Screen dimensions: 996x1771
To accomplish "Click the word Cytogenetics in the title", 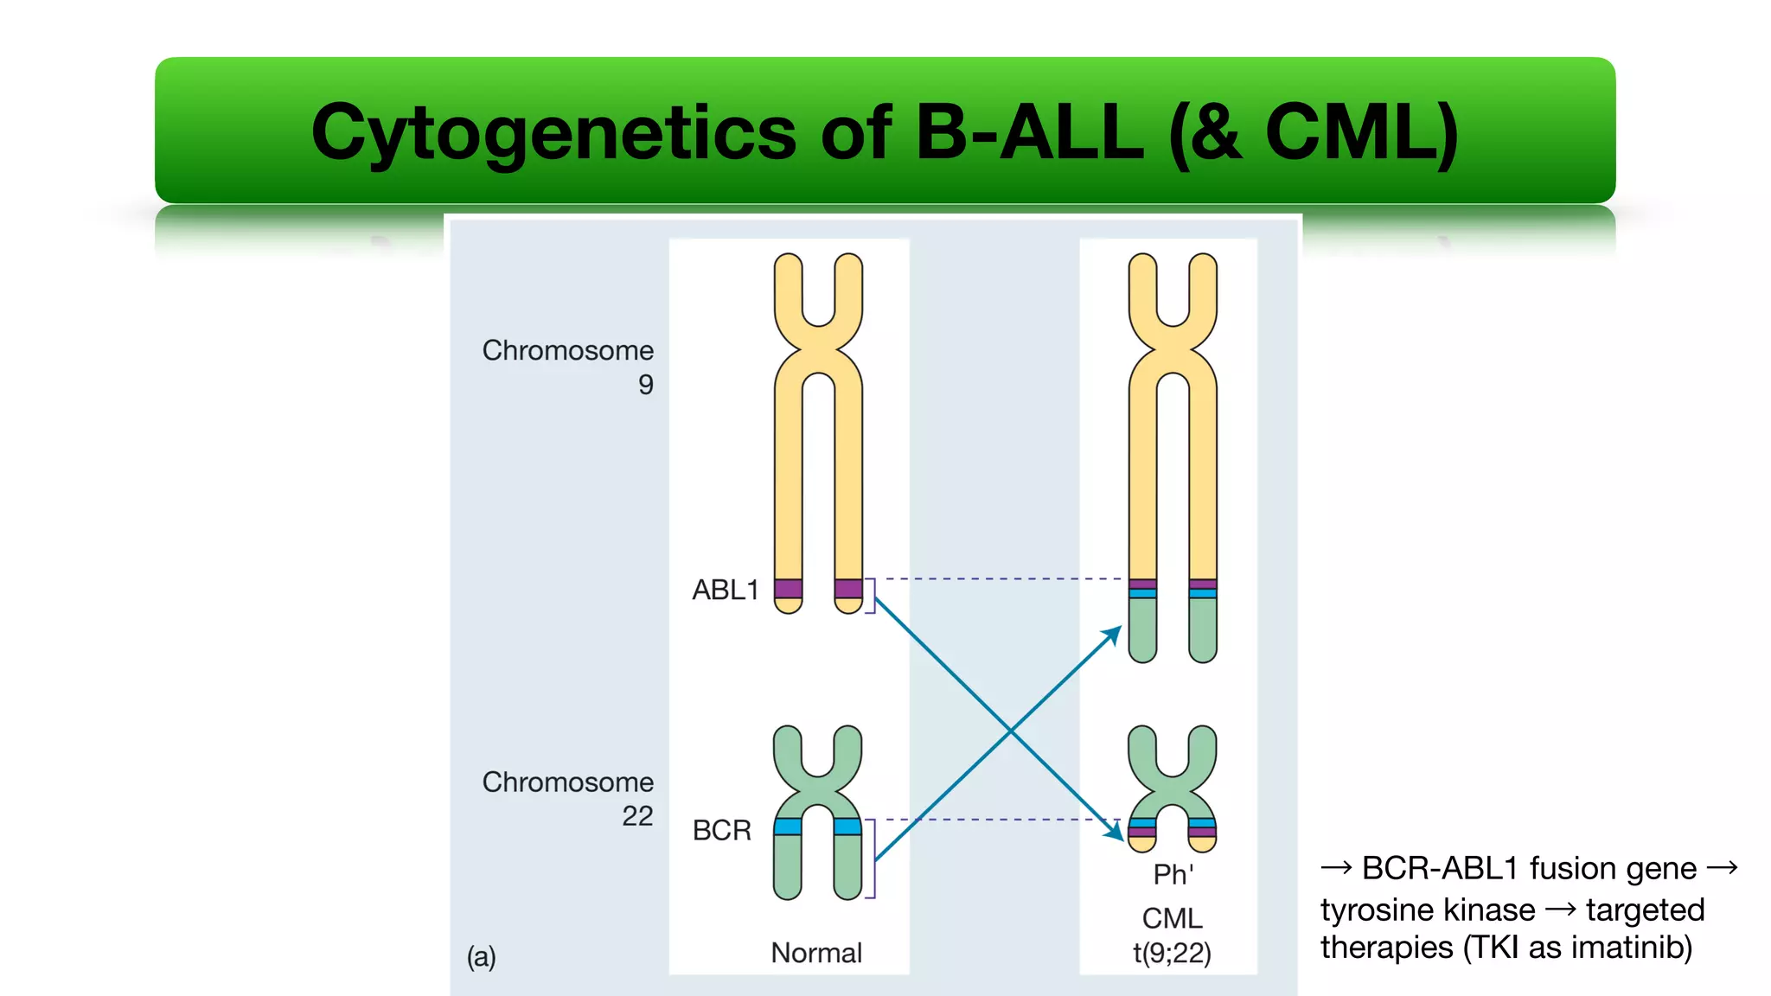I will click(553, 134).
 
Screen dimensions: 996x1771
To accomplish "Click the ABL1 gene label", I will click(725, 591).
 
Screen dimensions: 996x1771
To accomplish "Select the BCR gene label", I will click(722, 830).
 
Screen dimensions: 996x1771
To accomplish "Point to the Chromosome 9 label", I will click(568, 367).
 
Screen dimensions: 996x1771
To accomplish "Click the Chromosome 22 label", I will click(568, 798).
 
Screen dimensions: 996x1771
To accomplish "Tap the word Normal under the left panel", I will click(816, 953).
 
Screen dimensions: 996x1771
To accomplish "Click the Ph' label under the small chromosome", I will click(1173, 874).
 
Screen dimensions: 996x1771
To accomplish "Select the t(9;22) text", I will click(1172, 953).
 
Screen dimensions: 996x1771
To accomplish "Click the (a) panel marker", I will click(482, 956).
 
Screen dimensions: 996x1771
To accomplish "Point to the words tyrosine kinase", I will click(1428, 910).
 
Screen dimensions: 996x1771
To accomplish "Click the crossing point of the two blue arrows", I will click(1011, 731).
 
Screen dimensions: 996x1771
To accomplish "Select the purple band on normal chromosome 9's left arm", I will click(788, 589).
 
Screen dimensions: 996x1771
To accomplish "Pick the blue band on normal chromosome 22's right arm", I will click(847, 827).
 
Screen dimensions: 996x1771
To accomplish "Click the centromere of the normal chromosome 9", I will click(818, 349).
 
